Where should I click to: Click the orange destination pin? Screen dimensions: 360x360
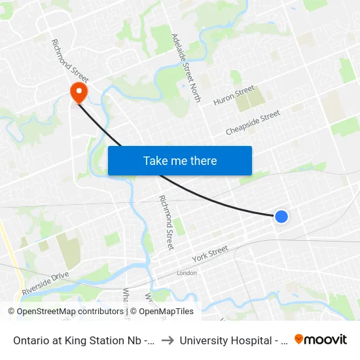pyautogui.click(x=79, y=91)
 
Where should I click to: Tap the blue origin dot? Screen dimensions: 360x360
pyautogui.click(x=281, y=216)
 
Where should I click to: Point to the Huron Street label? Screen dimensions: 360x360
pyautogui.click(x=234, y=96)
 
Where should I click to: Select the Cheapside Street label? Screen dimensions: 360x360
pyautogui.click(x=253, y=122)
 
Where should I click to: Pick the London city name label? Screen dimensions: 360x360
pyautogui.click(x=187, y=273)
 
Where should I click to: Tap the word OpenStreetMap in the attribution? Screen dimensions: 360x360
pyautogui.click(x=46, y=312)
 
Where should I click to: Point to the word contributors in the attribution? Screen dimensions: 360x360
pyautogui.click(x=99, y=312)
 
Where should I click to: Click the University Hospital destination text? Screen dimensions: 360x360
pyautogui.click(x=230, y=340)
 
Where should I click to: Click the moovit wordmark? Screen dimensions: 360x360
pyautogui.click(x=326, y=340)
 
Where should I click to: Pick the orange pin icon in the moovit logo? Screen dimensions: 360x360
pyautogui.click(x=299, y=339)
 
